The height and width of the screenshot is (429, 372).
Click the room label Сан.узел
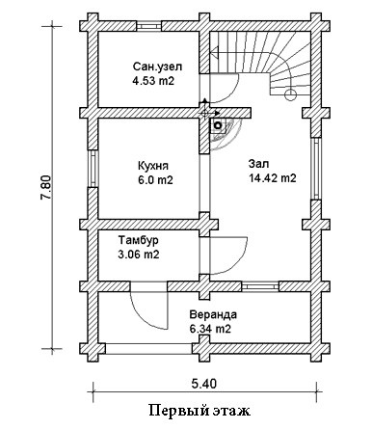tap(157, 67)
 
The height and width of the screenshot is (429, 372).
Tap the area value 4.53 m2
tap(153, 81)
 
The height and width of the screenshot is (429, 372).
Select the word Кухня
tap(153, 166)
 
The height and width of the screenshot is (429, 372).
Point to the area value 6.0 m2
tap(155, 180)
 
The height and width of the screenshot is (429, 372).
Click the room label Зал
tap(259, 164)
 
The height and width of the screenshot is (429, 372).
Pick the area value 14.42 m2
tap(273, 177)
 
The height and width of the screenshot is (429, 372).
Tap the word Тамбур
tap(139, 240)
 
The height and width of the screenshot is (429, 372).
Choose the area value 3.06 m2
tap(139, 255)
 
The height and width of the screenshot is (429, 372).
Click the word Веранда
tap(213, 314)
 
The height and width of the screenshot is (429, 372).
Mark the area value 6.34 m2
tap(210, 329)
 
